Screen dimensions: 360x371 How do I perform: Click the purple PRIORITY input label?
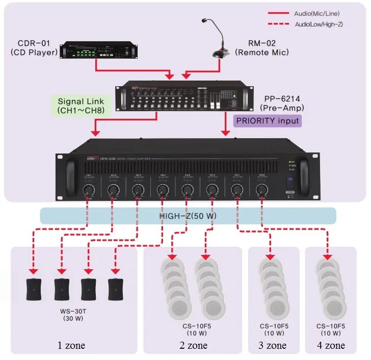[267, 121]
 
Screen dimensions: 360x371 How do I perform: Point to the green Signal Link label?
[81, 106]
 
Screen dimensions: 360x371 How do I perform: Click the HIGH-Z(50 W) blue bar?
[188, 216]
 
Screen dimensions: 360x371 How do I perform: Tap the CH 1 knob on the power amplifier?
[88, 190]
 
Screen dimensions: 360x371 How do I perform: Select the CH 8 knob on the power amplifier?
[261, 190]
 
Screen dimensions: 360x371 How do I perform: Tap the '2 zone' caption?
[192, 345]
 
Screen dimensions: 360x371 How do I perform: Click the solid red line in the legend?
[278, 13]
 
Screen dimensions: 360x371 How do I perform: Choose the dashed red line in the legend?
[278, 24]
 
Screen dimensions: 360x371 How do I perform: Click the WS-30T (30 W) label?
[74, 315]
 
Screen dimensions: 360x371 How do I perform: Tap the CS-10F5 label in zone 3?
[274, 326]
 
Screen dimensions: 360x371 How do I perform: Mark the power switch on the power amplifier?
[289, 182]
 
